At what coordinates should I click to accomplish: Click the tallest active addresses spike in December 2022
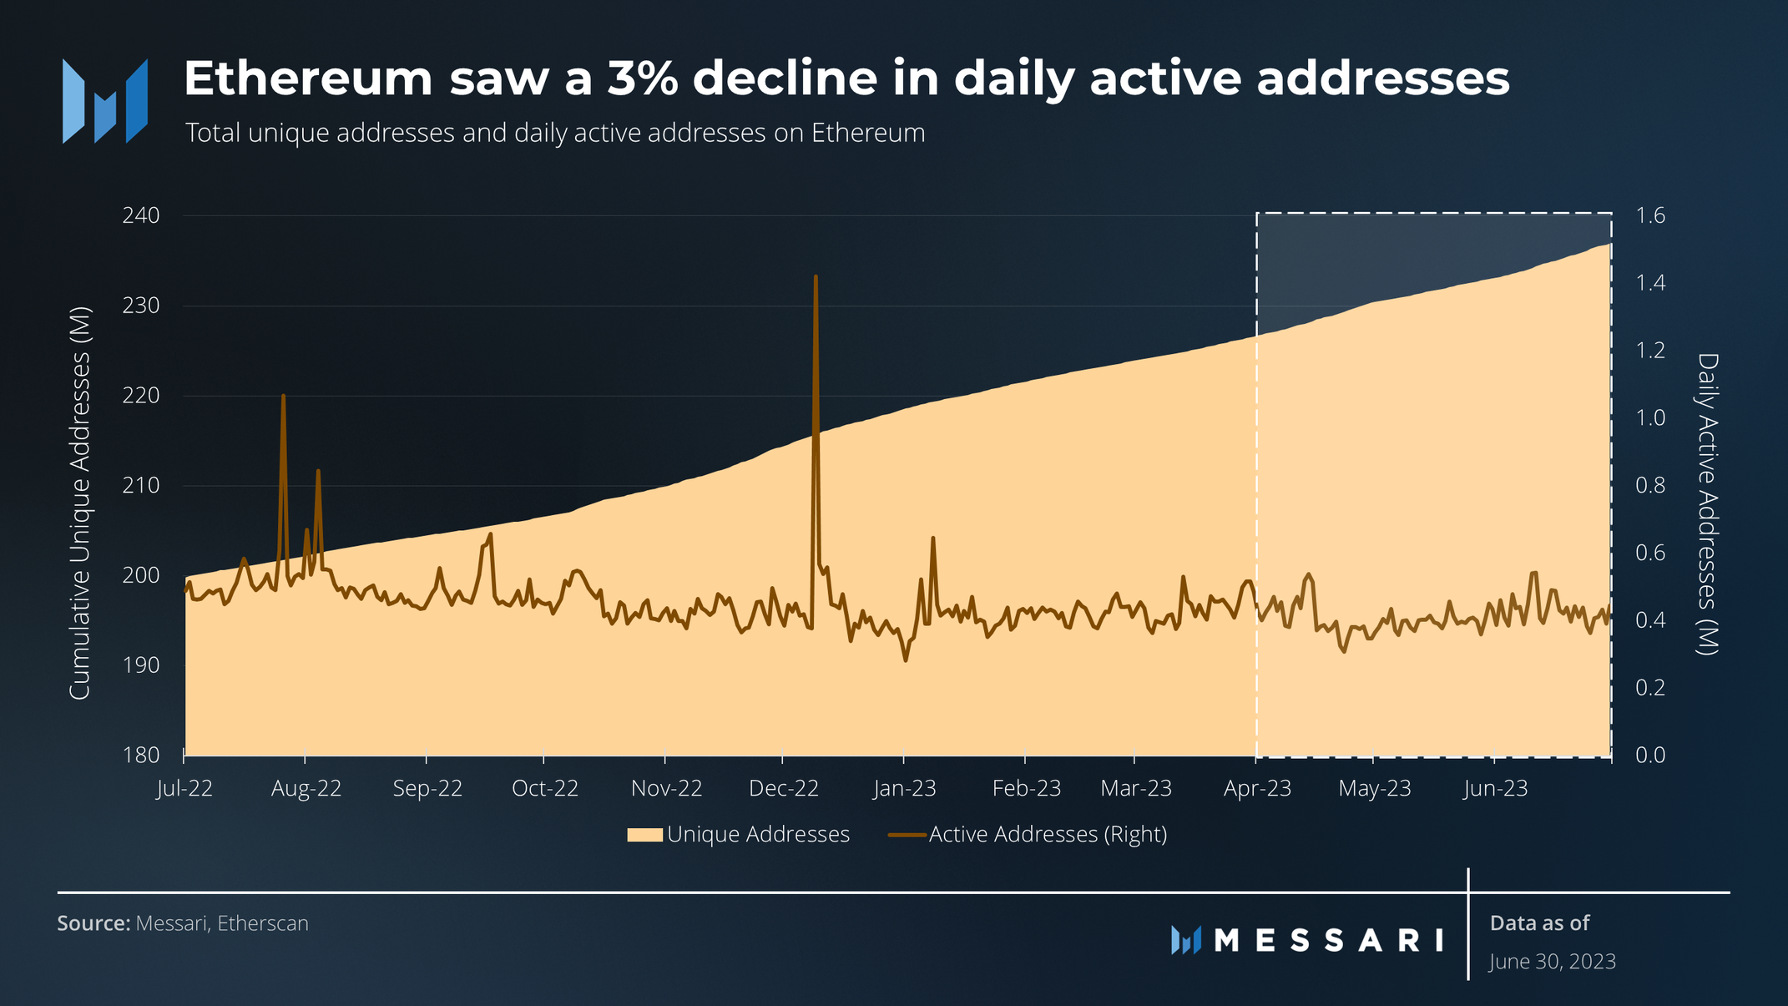(x=816, y=278)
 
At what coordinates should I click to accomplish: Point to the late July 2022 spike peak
(x=284, y=397)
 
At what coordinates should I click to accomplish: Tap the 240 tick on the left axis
(x=141, y=216)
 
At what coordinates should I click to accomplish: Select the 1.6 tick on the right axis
(x=1650, y=216)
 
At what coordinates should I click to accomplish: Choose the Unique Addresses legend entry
(x=739, y=834)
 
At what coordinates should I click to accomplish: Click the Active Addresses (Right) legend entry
(x=1028, y=834)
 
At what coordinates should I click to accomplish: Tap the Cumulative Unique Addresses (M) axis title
(x=79, y=503)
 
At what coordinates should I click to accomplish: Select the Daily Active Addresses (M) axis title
(x=1708, y=503)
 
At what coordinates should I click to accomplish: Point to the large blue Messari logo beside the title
(x=105, y=101)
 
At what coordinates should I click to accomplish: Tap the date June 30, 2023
(x=1553, y=962)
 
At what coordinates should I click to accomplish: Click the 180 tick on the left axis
(x=141, y=756)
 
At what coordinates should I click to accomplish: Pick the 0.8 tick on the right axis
(x=1650, y=486)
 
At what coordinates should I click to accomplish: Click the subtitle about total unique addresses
(x=555, y=134)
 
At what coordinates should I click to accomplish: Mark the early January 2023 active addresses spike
(x=932, y=539)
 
